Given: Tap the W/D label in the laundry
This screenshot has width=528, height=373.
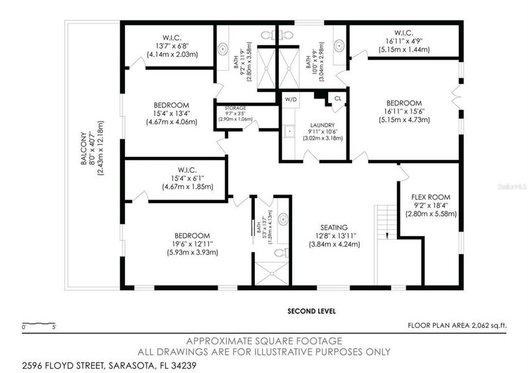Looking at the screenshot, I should tap(291, 99).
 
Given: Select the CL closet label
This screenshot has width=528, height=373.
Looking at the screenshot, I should tap(338, 98).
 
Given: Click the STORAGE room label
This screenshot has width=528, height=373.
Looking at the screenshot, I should tap(236, 108).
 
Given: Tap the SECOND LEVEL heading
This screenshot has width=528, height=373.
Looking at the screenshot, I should tap(312, 311).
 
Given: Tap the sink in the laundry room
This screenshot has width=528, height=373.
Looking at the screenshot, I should tap(290, 132).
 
